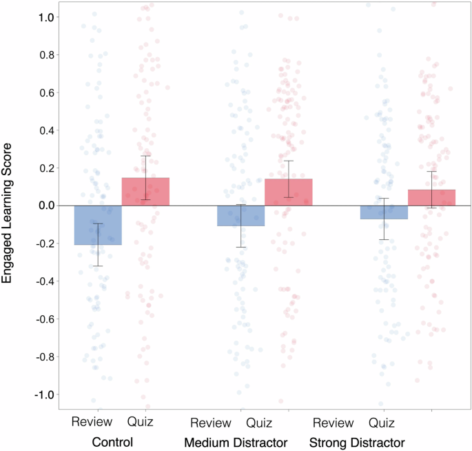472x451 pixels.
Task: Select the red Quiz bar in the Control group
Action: tap(145, 192)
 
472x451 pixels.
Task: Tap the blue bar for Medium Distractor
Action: tap(240, 216)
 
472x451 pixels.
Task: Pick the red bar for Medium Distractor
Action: tap(288, 192)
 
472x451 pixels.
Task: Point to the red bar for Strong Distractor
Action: tap(431, 198)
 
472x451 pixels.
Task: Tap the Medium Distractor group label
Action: tap(235, 441)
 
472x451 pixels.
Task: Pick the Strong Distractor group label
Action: tap(357, 441)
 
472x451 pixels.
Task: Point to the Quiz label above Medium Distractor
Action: tap(260, 421)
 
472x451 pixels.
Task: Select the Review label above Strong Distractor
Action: tap(334, 421)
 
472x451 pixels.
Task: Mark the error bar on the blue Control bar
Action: tap(98, 244)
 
